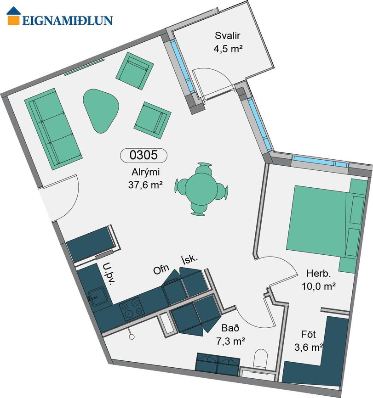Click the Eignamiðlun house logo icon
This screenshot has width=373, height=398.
click(13, 16)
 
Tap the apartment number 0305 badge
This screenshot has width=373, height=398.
click(143, 155)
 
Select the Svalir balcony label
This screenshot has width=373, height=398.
click(227, 36)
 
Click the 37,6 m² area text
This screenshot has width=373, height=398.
click(145, 185)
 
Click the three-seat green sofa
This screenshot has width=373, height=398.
click(53, 129)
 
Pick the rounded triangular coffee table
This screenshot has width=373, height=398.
click(100, 110)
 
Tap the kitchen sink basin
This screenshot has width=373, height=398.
click(96, 296)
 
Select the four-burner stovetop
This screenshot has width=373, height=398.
click(132, 309)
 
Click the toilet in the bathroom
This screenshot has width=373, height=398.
click(261, 359)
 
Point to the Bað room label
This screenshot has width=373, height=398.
click(230, 328)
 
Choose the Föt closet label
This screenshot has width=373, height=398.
click(309, 334)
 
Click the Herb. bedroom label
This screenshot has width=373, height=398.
click(319, 274)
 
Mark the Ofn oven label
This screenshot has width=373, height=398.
click(161, 269)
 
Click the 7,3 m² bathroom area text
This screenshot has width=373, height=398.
click(230, 341)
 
